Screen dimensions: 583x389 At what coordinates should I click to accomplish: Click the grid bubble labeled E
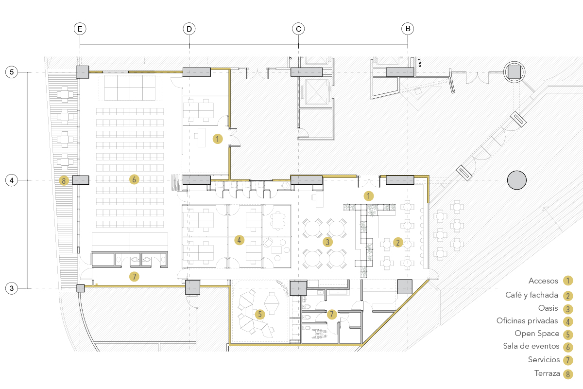tap(80, 29)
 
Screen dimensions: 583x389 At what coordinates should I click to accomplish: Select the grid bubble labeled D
tap(189, 29)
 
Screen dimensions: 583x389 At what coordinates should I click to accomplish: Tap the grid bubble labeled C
tap(299, 29)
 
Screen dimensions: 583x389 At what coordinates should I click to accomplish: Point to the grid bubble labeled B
tap(408, 29)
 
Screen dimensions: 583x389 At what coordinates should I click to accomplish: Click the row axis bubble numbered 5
tap(12, 72)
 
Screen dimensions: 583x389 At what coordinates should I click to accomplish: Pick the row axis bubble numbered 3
tap(12, 289)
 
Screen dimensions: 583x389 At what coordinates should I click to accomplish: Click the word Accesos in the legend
tap(543, 281)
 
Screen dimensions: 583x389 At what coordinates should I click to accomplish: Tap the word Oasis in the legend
tap(548, 308)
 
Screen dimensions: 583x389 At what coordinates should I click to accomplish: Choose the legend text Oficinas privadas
tap(527, 321)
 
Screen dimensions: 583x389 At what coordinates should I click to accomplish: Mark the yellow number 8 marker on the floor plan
tap(64, 180)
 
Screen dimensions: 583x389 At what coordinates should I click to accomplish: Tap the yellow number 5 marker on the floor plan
tap(260, 314)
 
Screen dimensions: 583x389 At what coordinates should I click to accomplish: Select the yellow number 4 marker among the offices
tap(239, 240)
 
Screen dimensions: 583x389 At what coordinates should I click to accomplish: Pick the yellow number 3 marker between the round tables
tap(327, 241)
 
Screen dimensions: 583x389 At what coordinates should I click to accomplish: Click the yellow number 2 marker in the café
tap(398, 242)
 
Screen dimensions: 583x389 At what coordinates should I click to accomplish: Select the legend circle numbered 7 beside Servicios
tap(567, 361)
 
